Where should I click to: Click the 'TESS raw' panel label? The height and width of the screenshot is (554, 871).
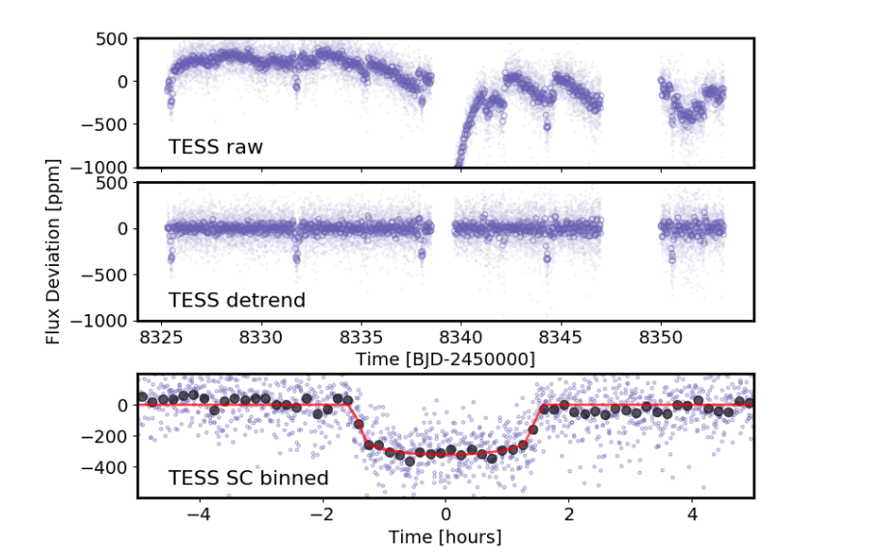(216, 147)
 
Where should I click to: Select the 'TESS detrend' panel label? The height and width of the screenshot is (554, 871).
(236, 300)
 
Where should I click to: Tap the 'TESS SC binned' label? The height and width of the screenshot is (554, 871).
(249, 478)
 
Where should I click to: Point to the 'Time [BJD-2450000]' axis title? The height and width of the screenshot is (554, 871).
(447, 357)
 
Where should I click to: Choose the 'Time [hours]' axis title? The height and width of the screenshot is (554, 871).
(445, 536)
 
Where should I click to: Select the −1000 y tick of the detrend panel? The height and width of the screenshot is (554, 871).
(101, 320)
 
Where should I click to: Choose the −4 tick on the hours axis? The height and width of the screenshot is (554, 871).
(198, 515)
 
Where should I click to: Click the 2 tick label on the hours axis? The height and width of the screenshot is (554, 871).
(569, 515)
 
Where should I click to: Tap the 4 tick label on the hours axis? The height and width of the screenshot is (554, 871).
(693, 515)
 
